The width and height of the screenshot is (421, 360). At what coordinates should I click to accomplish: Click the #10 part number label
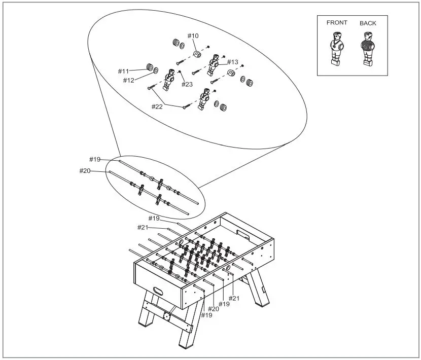coord(193,35)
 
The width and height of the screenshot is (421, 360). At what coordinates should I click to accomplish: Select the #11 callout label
coord(124,71)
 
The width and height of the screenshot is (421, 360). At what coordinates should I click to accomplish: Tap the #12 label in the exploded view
coord(129,80)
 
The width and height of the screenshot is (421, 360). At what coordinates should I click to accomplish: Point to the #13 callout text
coord(232,62)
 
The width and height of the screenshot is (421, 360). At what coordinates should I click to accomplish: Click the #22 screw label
coord(157,106)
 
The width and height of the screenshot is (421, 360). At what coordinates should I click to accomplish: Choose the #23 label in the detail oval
coord(187,84)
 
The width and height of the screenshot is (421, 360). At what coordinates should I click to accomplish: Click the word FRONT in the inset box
coord(337,23)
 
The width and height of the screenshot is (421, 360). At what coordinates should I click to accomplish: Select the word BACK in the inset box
coord(368,23)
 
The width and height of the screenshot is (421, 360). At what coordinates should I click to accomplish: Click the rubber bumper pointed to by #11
coord(150,67)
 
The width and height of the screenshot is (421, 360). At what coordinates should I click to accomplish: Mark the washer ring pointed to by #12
coord(156,69)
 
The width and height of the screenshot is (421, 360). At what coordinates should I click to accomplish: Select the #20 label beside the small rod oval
coord(85,171)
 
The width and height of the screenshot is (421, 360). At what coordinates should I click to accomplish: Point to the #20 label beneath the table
coord(213,308)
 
